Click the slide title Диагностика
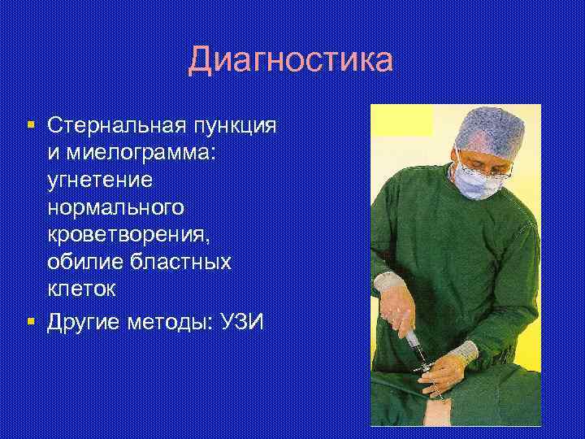pos(290,61)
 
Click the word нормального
pos(115,208)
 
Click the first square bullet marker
pos(30,125)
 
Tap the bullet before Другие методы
pos(30,321)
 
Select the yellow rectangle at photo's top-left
pos(402,120)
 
